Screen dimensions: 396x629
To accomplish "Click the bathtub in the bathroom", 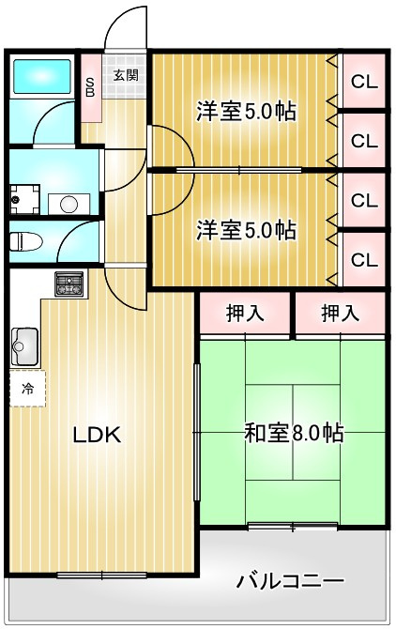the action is point(42,76).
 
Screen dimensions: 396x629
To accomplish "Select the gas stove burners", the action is point(69,284).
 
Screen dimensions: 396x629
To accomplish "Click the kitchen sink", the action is point(24,346).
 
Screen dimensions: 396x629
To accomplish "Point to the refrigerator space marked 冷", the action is point(27,389).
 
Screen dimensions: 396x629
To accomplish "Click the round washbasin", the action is point(69,204).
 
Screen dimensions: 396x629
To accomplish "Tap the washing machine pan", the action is point(24,199).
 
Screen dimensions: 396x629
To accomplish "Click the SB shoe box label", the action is point(91,88).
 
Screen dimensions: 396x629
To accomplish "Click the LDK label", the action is point(97,436).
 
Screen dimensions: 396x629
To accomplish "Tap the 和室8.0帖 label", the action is point(294,433).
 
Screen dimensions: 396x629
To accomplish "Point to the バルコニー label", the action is point(291,580).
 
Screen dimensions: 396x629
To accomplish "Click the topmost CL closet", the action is point(364,82).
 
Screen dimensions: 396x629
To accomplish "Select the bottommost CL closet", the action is point(364,260).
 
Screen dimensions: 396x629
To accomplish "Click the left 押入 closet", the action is point(245,313).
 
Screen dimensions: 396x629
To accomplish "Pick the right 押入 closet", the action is point(341,313).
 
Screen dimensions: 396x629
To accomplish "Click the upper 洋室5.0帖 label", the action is point(246,112).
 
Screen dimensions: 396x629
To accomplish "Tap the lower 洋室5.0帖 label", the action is point(246,230).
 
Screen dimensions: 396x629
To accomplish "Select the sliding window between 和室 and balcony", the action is point(293,527).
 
